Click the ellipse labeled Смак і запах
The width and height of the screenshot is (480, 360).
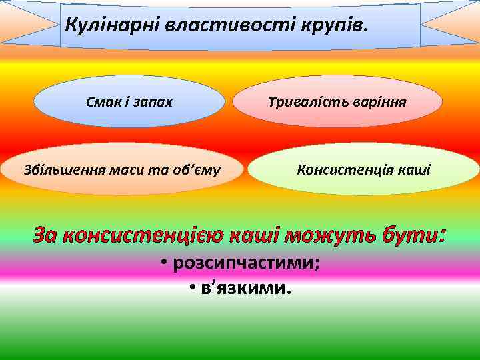coord(129,102)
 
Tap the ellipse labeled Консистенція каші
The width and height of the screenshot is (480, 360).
coord(363,169)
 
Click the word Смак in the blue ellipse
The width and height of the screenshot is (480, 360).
coord(101,102)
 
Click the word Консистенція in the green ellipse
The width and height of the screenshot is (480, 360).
coord(345,169)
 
